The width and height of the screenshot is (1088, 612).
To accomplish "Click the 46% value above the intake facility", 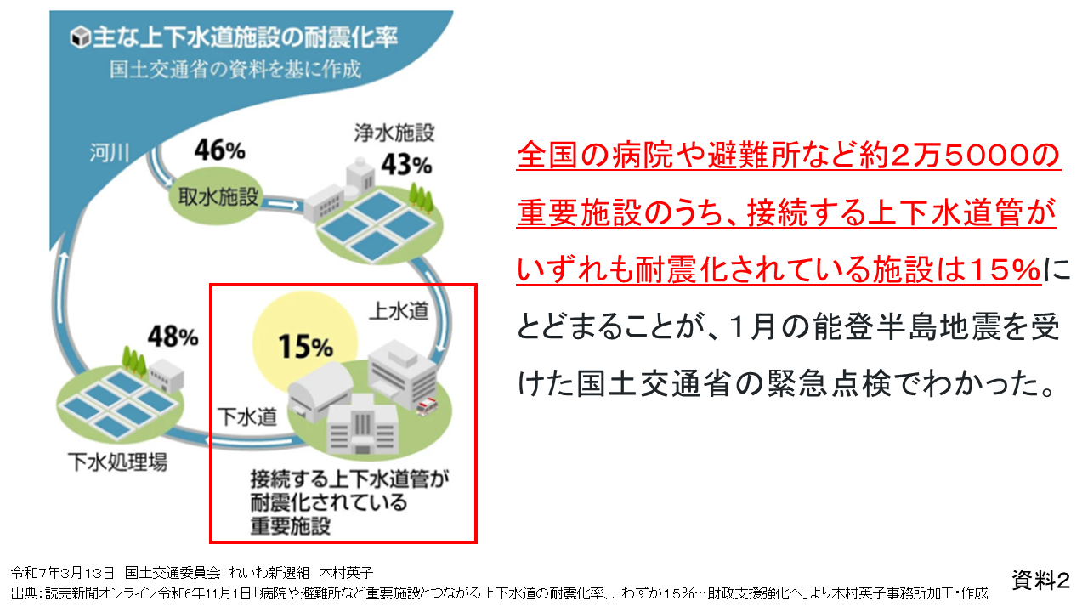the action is click(219, 150).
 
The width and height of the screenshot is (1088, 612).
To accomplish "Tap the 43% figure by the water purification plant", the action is click(406, 165).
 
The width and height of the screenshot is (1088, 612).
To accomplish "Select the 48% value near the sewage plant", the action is click(173, 336).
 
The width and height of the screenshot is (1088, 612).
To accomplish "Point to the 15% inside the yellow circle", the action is click(305, 346).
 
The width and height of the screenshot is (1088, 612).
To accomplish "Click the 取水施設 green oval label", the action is click(218, 196).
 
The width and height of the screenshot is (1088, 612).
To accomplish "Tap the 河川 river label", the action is click(110, 153).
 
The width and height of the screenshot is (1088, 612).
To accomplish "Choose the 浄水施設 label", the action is click(394, 133).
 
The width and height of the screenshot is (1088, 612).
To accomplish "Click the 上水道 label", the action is click(399, 311).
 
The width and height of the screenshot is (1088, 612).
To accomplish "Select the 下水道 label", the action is click(247, 416).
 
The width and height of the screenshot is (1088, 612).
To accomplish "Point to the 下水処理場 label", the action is click(117, 462).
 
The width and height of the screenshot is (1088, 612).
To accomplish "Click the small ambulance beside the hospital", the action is click(427, 406).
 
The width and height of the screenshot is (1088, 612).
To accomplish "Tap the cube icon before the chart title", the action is click(80, 37).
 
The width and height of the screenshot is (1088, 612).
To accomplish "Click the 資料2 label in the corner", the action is click(1041, 580).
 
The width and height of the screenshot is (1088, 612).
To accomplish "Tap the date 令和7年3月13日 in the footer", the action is click(63, 573).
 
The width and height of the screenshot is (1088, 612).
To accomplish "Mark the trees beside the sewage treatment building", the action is click(134, 361).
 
